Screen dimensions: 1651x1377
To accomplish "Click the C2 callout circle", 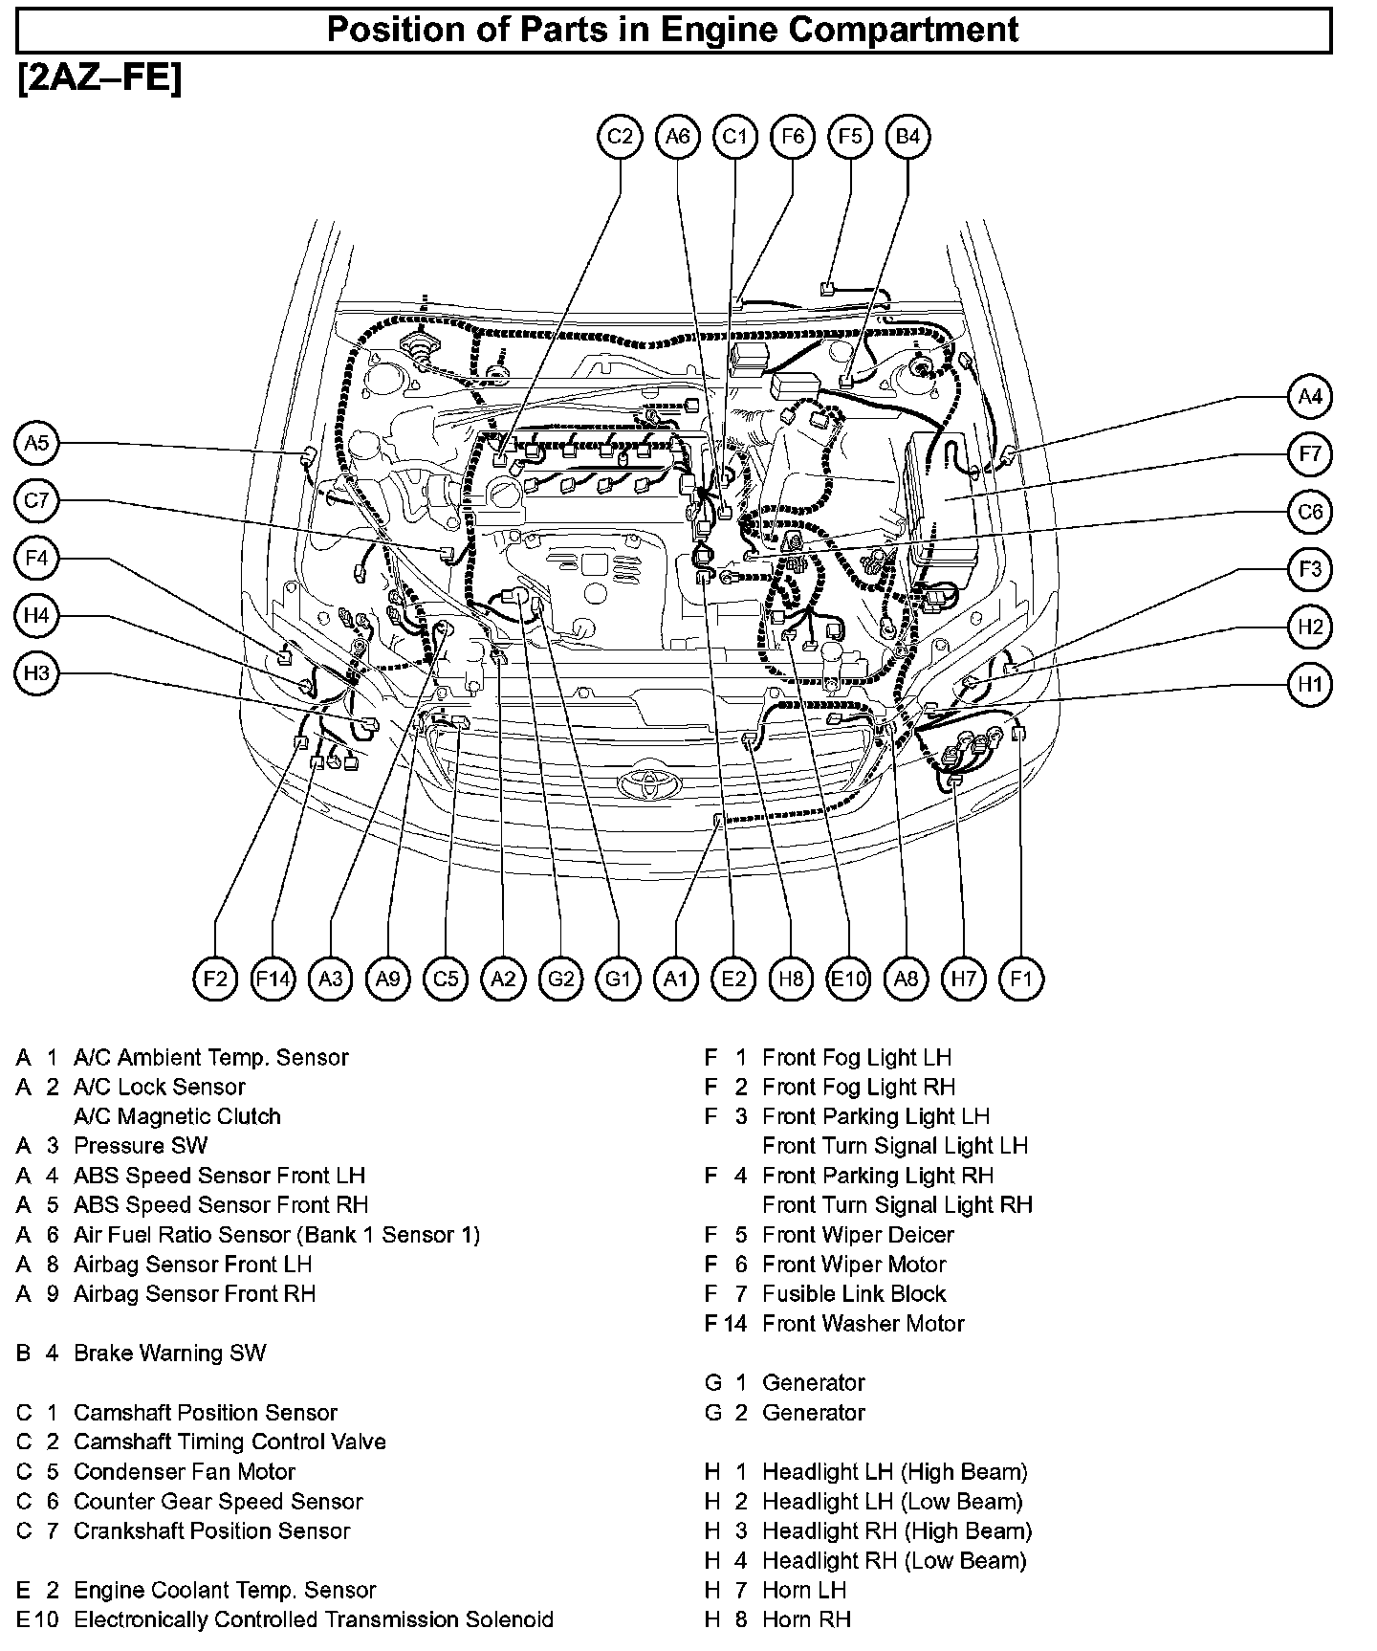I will (x=620, y=137).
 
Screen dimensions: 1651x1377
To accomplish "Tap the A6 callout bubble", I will (x=677, y=137).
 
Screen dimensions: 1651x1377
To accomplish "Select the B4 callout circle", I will (x=907, y=137).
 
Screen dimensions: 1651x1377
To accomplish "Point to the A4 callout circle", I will (x=1309, y=396).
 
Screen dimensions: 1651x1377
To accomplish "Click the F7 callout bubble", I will (x=1309, y=453).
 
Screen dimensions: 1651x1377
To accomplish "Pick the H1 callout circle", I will (x=1309, y=685).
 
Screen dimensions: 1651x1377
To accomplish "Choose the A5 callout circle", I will (x=36, y=443).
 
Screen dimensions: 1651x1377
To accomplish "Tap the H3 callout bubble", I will (x=36, y=673).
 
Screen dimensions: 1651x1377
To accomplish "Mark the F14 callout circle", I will (x=273, y=979).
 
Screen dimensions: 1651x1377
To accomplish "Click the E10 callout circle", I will (x=848, y=979).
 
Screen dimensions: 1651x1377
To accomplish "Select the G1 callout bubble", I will (x=618, y=979).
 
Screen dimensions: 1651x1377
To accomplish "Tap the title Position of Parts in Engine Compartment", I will (x=673, y=30).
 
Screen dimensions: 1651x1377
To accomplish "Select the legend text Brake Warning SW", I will (x=169, y=1353).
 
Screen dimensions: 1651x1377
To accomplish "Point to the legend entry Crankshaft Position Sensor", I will (x=211, y=1530).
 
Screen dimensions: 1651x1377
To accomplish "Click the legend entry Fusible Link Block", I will (x=853, y=1293).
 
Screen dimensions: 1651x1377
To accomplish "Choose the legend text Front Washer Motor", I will (x=863, y=1323).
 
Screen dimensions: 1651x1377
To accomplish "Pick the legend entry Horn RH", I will (x=806, y=1618).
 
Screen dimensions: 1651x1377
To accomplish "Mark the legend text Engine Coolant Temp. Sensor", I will (x=224, y=1590).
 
